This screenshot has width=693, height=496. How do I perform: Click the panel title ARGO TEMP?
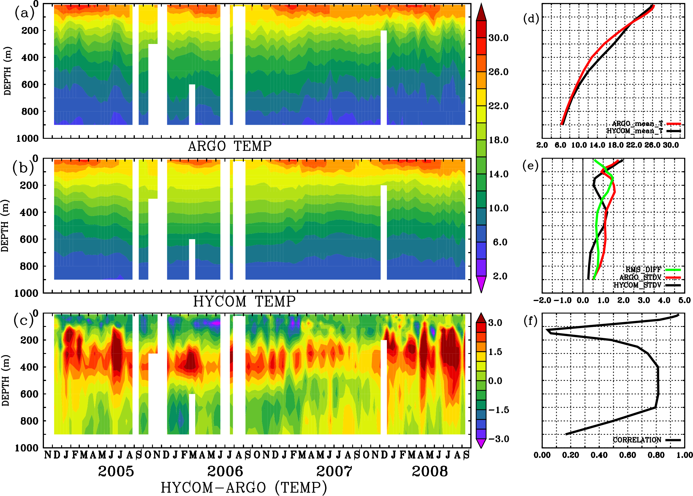coord(230,146)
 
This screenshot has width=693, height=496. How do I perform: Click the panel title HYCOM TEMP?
coord(244,301)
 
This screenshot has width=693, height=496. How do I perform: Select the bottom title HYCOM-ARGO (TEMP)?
coord(244,487)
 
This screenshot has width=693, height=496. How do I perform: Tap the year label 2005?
coord(116,471)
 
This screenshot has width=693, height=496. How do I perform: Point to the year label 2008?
coord(430,471)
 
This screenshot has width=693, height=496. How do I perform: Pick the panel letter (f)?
coord(530,321)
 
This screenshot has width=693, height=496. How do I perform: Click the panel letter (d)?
coord(531,19)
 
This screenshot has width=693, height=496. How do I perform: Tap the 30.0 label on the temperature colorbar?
coord(498,38)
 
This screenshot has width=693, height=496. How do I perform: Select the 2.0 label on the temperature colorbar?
coord(500,276)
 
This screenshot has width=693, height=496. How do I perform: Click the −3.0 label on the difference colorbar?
coord(499,439)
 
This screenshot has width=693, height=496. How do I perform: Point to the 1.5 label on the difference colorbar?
coord(495,352)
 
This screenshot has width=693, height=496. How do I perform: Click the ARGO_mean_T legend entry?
coord(637,124)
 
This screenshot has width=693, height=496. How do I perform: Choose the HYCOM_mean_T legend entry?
coord(635,131)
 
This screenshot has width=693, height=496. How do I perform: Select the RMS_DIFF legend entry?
coord(643,270)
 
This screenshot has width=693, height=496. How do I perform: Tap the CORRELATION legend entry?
coord(637,440)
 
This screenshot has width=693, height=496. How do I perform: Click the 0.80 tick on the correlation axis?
coord(656,455)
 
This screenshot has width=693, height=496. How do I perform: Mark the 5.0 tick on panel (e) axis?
coord(684,300)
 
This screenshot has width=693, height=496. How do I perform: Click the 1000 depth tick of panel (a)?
coord(27,138)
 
